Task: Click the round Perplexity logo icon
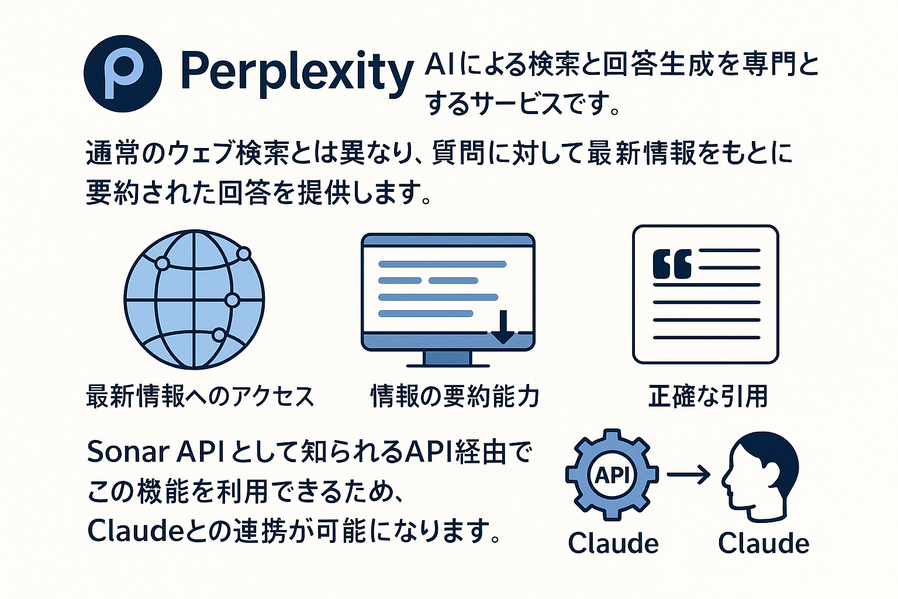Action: click(123, 74)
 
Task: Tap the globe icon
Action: click(195, 299)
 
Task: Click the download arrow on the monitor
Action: click(503, 327)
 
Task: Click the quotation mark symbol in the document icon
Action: click(672, 264)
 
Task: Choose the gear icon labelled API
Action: click(612, 474)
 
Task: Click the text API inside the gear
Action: click(612, 475)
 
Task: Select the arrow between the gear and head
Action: click(688, 475)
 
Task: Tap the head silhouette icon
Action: click(760, 476)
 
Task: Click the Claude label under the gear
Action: click(613, 543)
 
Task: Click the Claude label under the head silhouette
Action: click(764, 543)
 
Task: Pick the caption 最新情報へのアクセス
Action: click(200, 396)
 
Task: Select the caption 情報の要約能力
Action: click(455, 396)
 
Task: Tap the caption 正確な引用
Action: click(708, 396)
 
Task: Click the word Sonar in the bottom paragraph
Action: click(127, 452)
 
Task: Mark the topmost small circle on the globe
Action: click(244, 253)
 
